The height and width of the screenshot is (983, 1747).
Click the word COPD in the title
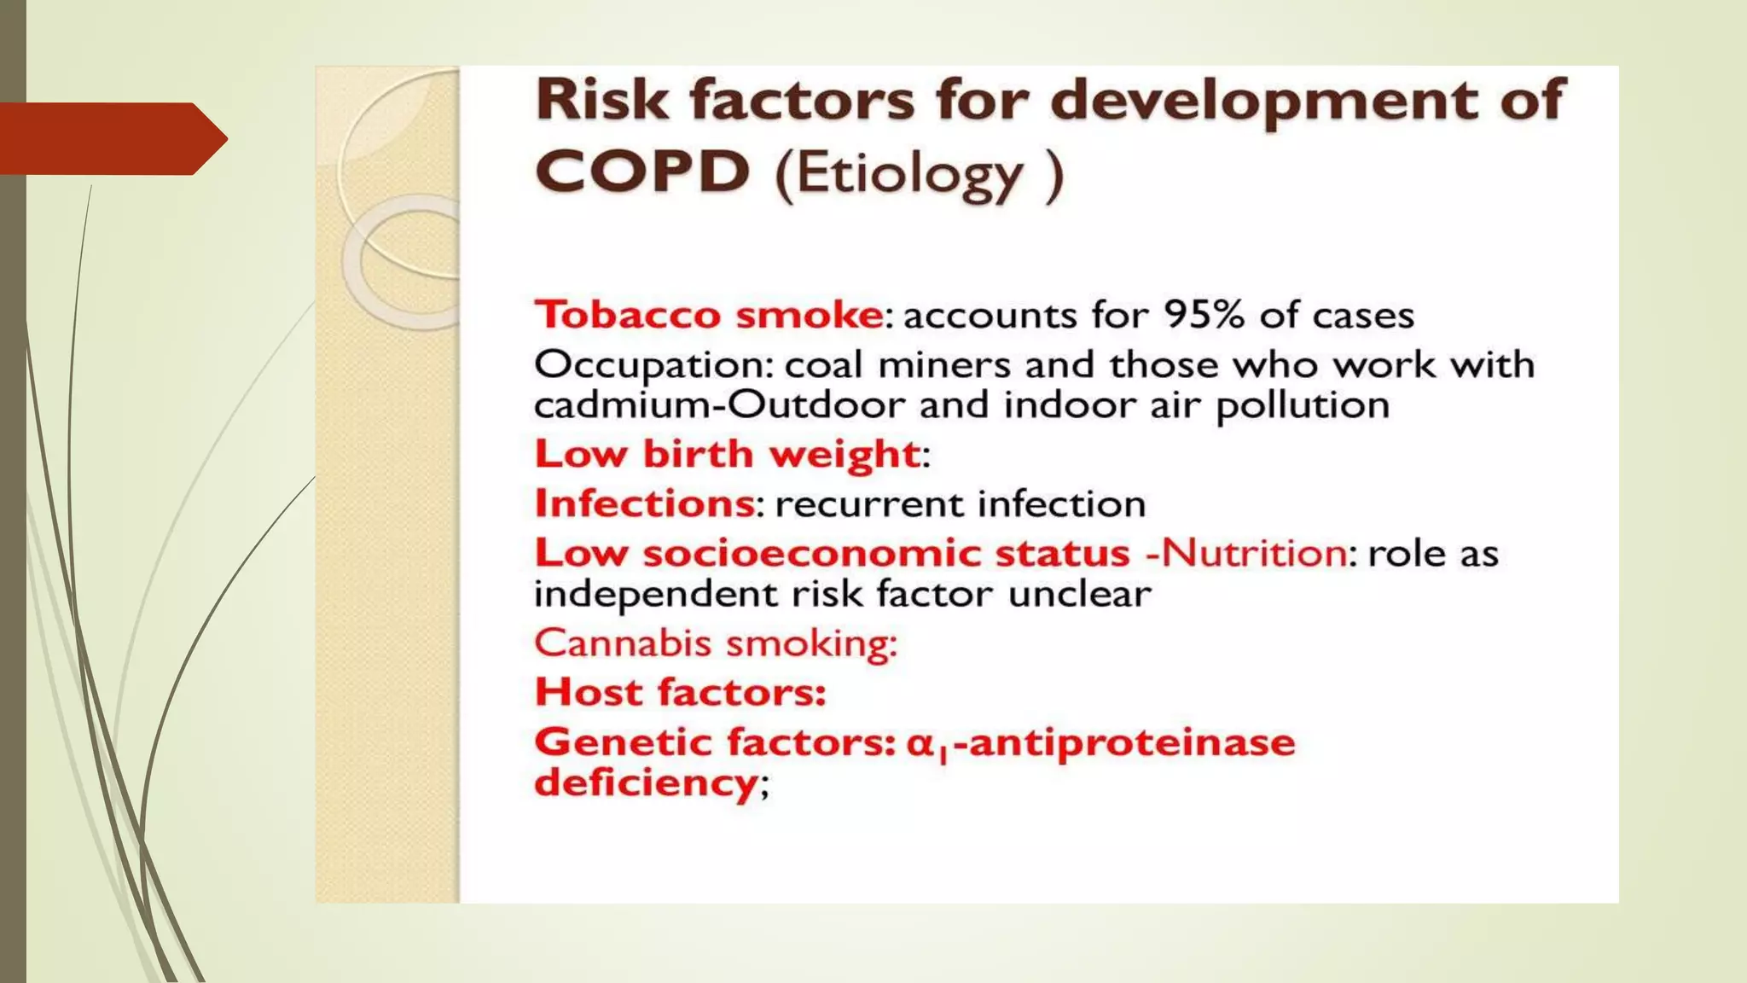click(x=642, y=173)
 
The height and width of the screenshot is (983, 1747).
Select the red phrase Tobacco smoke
click(x=709, y=315)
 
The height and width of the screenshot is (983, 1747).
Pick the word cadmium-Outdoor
click(x=719, y=405)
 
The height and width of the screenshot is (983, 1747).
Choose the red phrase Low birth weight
click(x=728, y=454)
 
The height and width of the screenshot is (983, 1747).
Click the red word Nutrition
click(x=1254, y=553)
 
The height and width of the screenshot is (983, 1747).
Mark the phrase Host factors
click(x=680, y=692)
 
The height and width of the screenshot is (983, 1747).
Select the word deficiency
click(x=646, y=782)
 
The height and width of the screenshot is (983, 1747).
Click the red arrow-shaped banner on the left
click(x=111, y=138)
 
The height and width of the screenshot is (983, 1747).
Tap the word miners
click(x=944, y=366)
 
